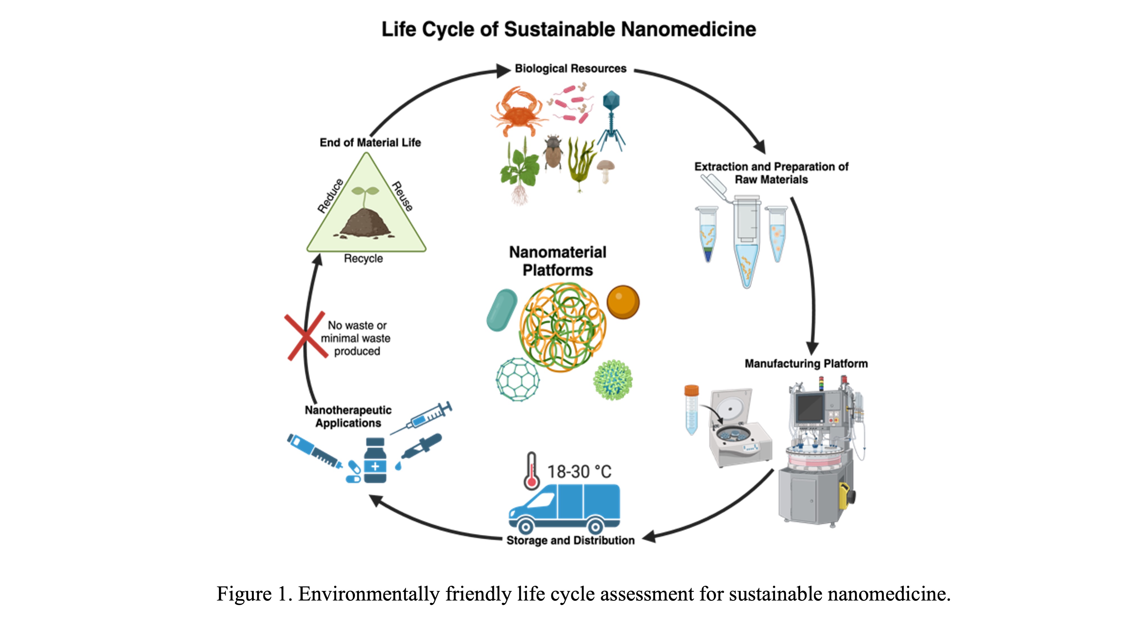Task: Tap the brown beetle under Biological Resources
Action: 553,153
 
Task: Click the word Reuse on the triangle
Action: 402,196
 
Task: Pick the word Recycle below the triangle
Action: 363,259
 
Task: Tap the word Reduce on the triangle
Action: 330,196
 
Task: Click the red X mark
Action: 306,336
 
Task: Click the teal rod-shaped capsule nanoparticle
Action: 502,310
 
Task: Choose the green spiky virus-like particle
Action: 613,379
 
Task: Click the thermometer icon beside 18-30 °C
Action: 532,471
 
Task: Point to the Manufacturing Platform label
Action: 806,364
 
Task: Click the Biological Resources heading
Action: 570,69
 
